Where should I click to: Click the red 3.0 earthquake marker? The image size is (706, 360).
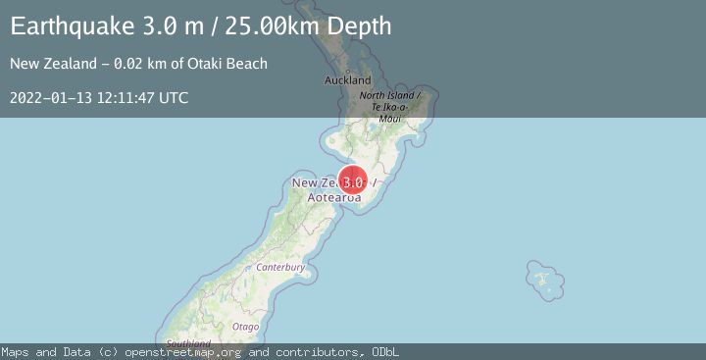coord(353,181)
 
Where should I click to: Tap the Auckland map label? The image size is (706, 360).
coord(348,79)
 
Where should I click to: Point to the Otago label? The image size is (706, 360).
coord(246,326)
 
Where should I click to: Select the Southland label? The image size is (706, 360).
coord(189,343)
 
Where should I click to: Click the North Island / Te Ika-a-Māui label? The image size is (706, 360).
coord(389,106)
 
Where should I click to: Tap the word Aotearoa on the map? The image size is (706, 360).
coord(334,198)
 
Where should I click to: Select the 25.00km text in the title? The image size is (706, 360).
coord(266,26)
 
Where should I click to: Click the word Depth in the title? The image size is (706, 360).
coord(360,26)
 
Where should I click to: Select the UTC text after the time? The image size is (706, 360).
coord(175,98)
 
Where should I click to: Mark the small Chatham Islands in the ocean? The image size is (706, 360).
coord(540,278)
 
